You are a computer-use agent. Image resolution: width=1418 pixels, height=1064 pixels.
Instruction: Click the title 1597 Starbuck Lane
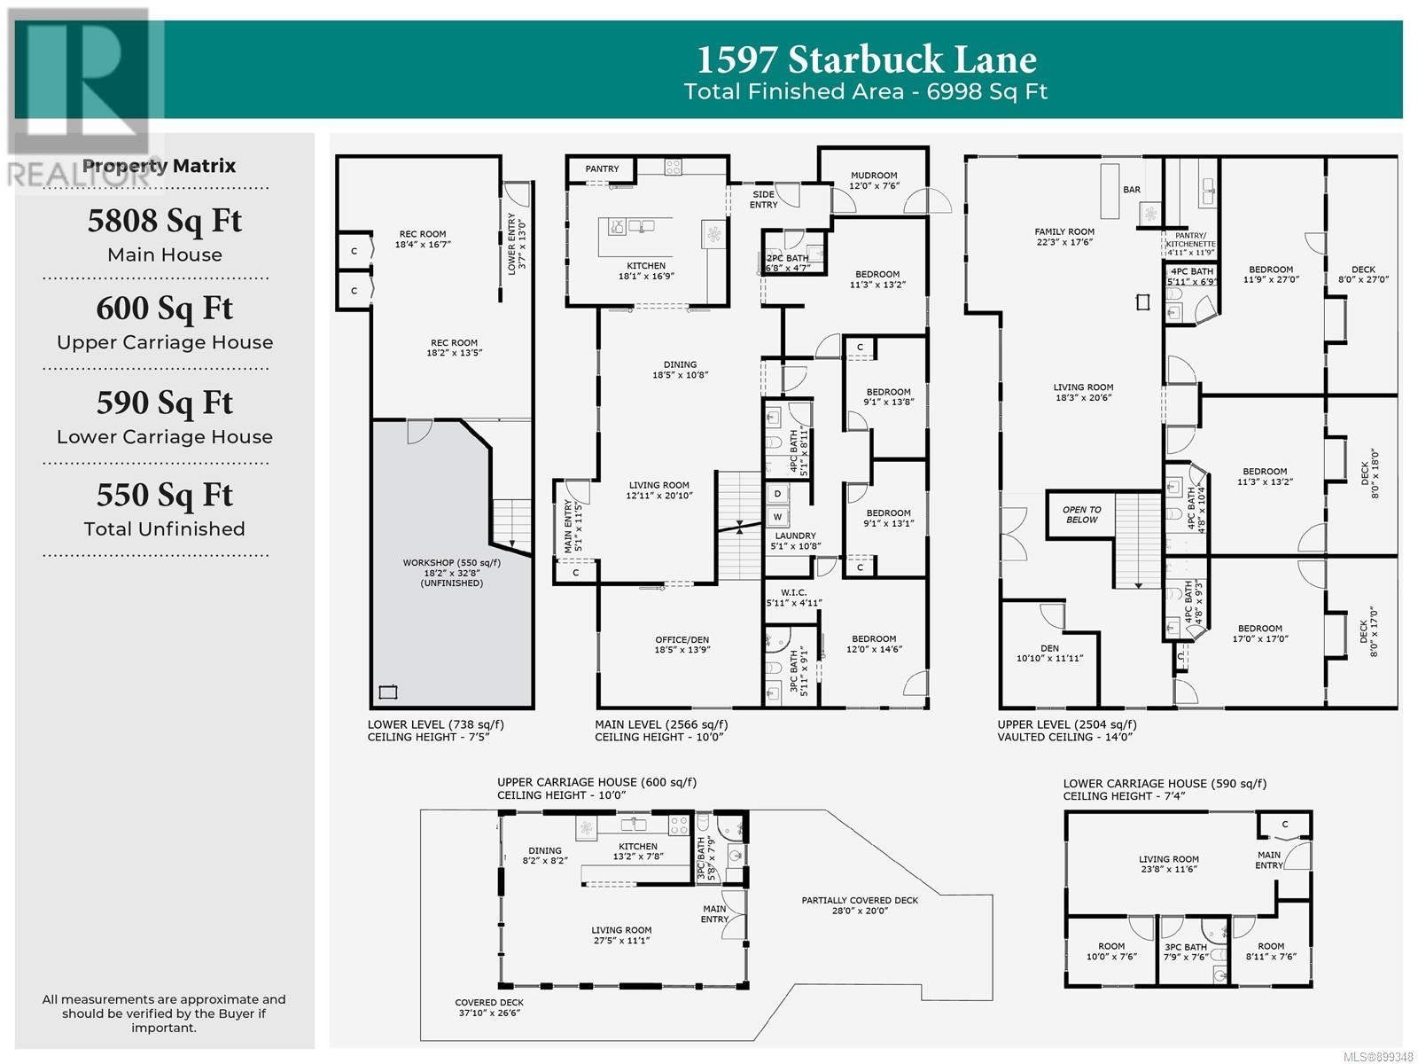pyautogui.click(x=866, y=59)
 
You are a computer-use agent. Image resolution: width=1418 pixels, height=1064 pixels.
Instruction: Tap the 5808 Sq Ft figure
pyautogui.click(x=165, y=222)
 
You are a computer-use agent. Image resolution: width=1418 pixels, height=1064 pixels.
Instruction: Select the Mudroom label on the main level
pyautogui.click(x=874, y=175)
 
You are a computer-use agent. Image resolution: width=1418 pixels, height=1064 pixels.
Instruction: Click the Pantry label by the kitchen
pyautogui.click(x=602, y=168)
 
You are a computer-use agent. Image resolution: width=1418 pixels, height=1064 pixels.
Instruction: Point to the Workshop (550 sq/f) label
pyautogui.click(x=452, y=563)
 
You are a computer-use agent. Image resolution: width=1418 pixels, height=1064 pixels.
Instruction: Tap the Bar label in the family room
pyautogui.click(x=1131, y=190)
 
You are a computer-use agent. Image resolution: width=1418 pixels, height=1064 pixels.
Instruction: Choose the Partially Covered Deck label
pyautogui.click(x=859, y=900)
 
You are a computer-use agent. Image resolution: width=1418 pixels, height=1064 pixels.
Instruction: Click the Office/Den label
pyautogui.click(x=682, y=639)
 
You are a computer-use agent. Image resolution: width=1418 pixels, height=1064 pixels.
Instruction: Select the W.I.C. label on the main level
pyautogui.click(x=793, y=592)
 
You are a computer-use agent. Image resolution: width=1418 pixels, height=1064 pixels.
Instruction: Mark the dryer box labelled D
pyautogui.click(x=777, y=494)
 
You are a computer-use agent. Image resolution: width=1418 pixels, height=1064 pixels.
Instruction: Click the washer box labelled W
pyautogui.click(x=777, y=517)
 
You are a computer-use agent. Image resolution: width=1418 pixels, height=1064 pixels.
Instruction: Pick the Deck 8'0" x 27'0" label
pyautogui.click(x=1363, y=275)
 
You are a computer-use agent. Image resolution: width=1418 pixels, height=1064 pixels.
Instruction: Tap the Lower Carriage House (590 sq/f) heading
pyautogui.click(x=1165, y=784)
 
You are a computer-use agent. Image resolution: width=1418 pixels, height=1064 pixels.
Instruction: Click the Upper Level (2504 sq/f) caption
pyautogui.click(x=1066, y=724)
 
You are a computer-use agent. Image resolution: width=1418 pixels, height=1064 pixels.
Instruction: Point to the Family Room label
pyautogui.click(x=1064, y=231)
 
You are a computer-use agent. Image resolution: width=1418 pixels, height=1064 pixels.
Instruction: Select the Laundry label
pyautogui.click(x=795, y=536)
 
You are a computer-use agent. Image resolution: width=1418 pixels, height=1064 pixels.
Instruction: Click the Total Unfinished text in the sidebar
pyautogui.click(x=164, y=529)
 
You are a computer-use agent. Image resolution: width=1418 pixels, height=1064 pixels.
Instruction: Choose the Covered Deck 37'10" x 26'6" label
pyautogui.click(x=489, y=1007)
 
